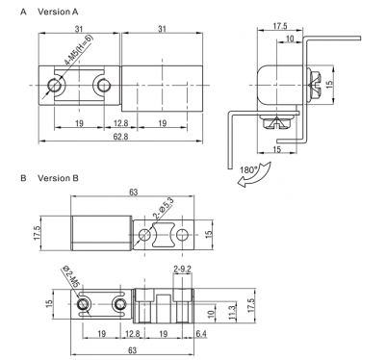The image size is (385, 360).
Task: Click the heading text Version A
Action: click(58, 12)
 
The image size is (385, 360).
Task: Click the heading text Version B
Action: click(58, 178)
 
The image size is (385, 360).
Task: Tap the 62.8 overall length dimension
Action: click(120, 137)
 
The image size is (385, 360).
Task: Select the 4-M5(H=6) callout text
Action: click(79, 50)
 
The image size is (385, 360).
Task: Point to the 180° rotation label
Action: click(247, 170)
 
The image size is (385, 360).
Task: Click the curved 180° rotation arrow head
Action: click(242, 183)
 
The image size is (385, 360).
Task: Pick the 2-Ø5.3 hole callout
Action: click(163, 209)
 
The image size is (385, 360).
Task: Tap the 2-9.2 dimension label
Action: click(182, 269)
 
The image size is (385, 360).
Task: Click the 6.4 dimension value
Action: click(201, 334)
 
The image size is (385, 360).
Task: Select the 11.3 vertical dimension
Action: click(232, 312)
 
